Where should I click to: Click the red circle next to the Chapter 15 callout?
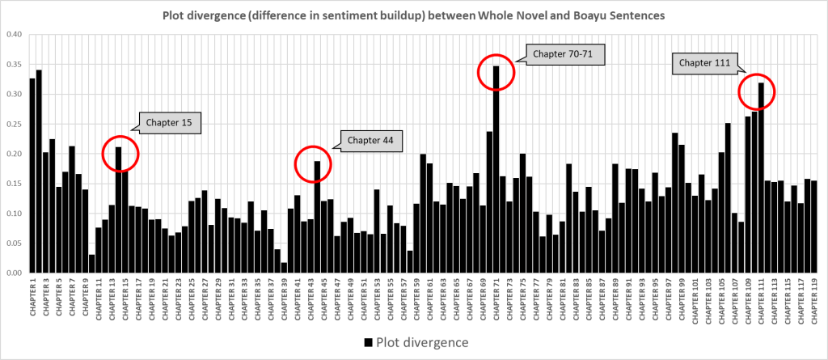[x=120, y=154]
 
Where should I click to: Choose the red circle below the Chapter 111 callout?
[x=758, y=92]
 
